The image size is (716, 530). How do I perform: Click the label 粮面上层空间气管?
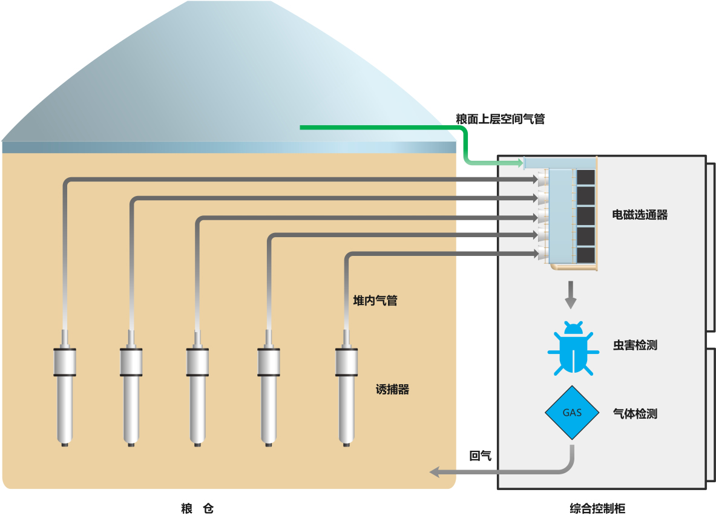[x=500, y=119]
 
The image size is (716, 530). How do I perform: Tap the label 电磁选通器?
[x=640, y=215]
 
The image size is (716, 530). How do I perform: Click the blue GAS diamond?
[x=572, y=413]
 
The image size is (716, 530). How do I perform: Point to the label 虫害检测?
[x=635, y=345]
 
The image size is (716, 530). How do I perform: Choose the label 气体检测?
[x=635, y=414]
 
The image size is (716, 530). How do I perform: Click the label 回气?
[x=480, y=456]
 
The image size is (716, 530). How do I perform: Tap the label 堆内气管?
[x=375, y=300]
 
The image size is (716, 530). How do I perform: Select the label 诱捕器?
[x=392, y=390]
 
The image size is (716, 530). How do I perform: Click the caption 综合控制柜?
[x=597, y=509]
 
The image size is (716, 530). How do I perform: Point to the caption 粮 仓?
[x=197, y=509]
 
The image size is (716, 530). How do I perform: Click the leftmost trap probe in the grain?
[x=65, y=387]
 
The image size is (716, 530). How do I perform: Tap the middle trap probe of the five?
[x=197, y=387]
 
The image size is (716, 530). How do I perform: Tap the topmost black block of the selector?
[x=585, y=177]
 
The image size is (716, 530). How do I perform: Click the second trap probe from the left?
[x=131, y=387]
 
